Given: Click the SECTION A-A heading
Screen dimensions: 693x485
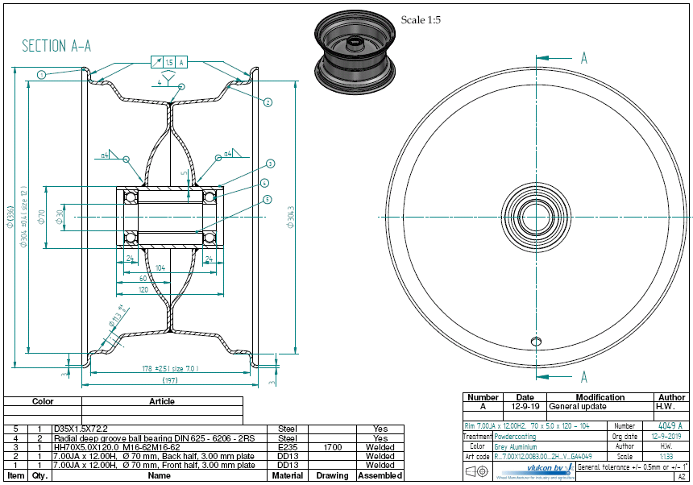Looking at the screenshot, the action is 56,46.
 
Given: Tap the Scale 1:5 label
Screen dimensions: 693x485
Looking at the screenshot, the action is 421,19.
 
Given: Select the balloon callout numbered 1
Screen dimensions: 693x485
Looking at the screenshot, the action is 40,74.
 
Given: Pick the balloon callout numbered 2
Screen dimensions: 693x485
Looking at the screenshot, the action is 268,102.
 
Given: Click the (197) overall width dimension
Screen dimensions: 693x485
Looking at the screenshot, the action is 170,379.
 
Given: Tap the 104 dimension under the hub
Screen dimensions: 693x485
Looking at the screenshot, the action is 160,267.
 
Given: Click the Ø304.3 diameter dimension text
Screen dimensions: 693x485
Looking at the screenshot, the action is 291,218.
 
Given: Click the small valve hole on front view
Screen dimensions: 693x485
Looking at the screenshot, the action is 534,342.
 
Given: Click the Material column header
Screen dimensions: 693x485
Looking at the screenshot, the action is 288,475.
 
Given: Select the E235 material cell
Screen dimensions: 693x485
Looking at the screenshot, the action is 288,446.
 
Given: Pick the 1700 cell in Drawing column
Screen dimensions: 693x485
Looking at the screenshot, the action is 332,446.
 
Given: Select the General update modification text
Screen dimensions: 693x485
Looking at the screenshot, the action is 578,407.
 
